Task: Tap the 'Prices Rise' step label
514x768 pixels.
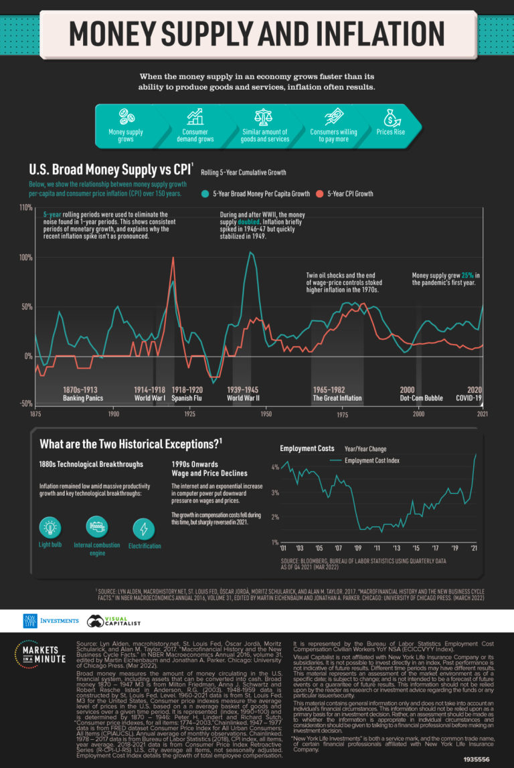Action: (392, 132)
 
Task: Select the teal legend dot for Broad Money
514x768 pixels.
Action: (205, 194)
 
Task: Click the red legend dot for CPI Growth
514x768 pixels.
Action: (320, 194)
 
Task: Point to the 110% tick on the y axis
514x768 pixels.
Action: (25, 208)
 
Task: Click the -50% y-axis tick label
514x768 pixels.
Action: (25, 403)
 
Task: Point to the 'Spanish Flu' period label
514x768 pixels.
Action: (188, 399)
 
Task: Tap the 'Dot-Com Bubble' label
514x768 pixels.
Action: (422, 399)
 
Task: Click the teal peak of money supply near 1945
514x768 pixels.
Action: (250, 252)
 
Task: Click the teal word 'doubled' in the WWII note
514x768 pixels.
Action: (251, 222)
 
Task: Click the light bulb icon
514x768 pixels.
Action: (50, 527)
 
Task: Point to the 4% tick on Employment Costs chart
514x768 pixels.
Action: (275, 468)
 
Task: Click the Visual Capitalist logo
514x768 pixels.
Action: (116, 621)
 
